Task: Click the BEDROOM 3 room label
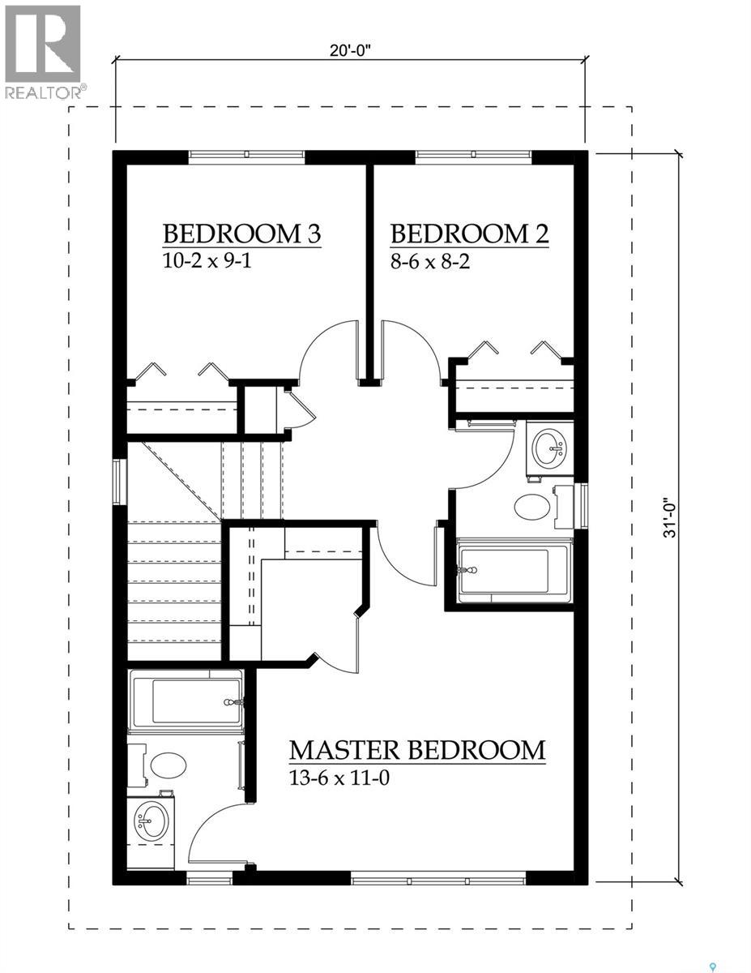[x=241, y=234]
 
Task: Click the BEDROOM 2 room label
[x=469, y=234]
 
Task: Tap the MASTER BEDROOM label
[x=417, y=749]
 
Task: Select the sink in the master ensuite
[x=151, y=821]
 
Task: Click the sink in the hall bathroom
[x=551, y=445]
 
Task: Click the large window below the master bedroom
[x=438, y=877]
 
